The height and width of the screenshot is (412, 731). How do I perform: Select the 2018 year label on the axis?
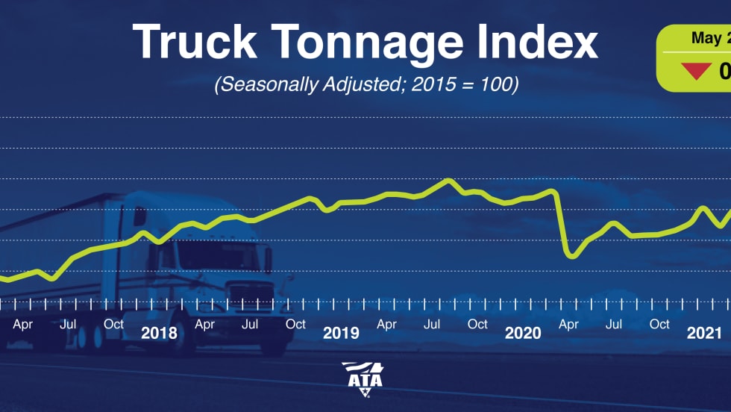point(159,333)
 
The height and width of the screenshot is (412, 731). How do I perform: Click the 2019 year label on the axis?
point(341,333)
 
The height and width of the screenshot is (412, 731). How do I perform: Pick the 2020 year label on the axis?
point(523,333)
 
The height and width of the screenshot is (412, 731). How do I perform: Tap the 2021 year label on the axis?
point(704,333)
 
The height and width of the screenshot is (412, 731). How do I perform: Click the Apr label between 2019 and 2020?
point(386,324)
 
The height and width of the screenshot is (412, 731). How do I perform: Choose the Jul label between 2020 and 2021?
point(614,324)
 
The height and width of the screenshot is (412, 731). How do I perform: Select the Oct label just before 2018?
point(114,324)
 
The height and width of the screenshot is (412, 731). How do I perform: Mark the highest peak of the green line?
point(448,180)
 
